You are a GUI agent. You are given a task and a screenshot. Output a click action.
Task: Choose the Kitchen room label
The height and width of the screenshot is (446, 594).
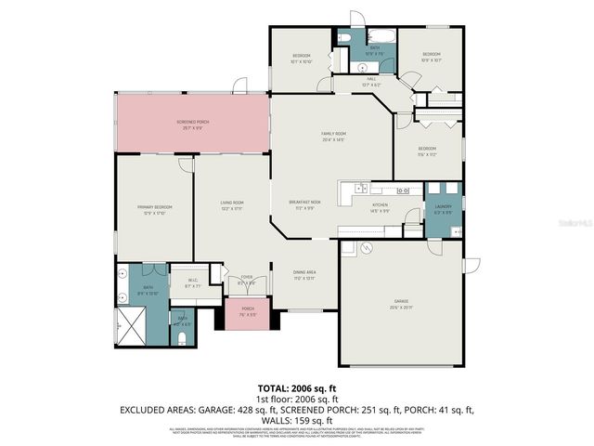pyautogui.click(x=381, y=206)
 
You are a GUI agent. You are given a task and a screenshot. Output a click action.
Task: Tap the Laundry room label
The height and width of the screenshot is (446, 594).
pyautogui.click(x=443, y=208)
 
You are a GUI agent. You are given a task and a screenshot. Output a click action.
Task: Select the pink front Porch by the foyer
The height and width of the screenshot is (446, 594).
pyautogui.click(x=248, y=312)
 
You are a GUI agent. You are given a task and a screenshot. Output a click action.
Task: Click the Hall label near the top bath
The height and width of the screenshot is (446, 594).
pyautogui.click(x=370, y=80)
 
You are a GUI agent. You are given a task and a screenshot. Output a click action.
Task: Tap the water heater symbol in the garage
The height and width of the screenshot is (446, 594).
pyautogui.click(x=367, y=248)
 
